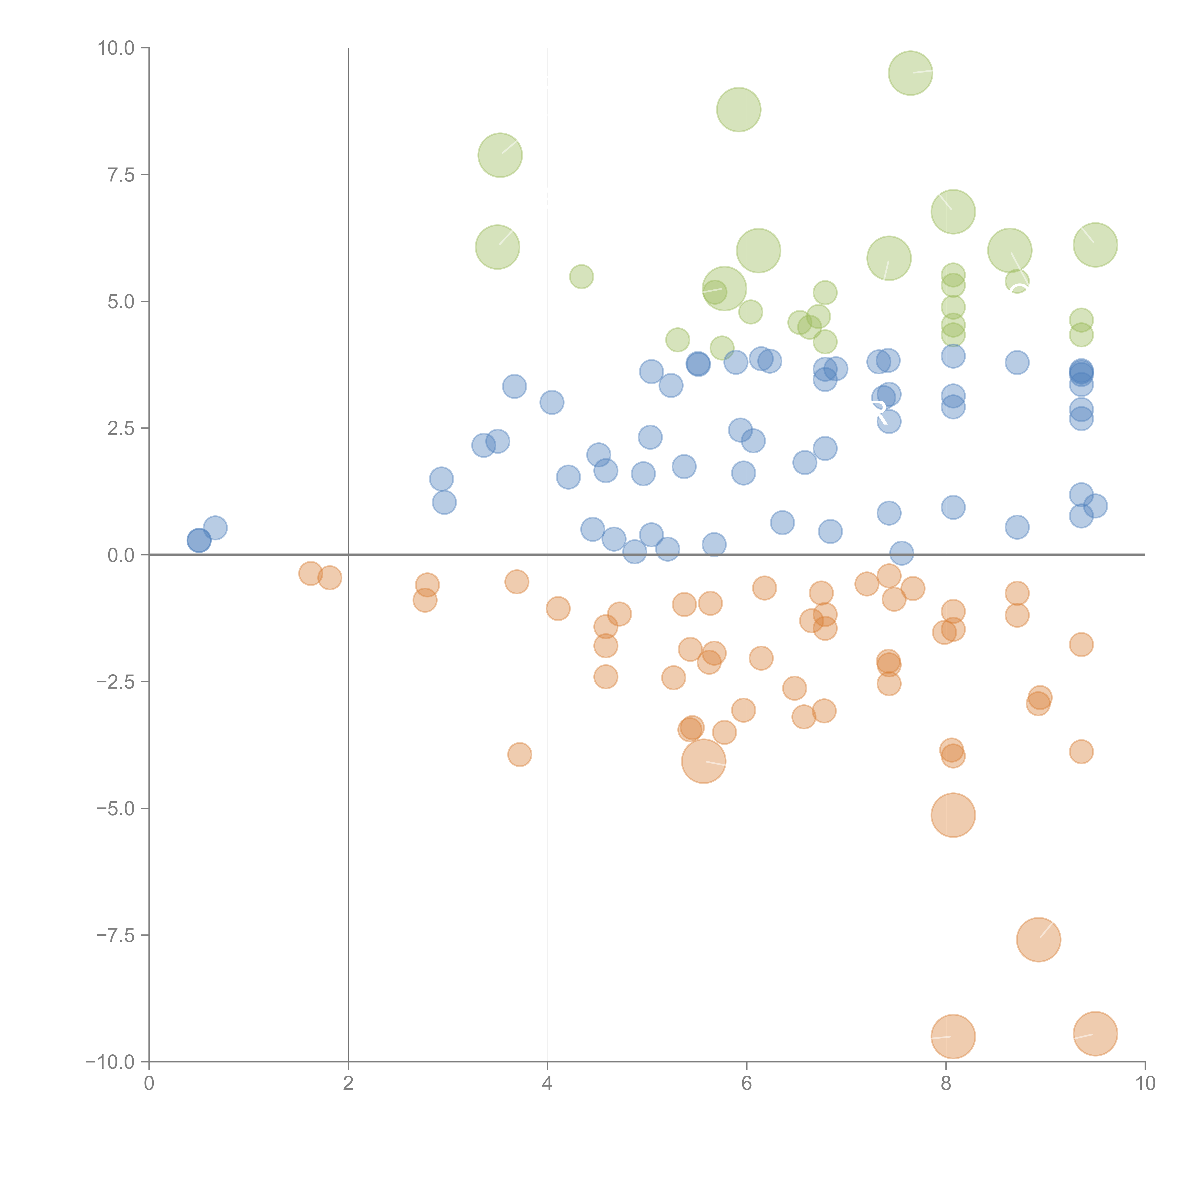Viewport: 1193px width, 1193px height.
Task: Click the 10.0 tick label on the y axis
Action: (x=116, y=48)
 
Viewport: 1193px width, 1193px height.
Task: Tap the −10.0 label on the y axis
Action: (x=110, y=1062)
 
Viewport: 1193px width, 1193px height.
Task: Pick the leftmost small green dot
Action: (x=581, y=277)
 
